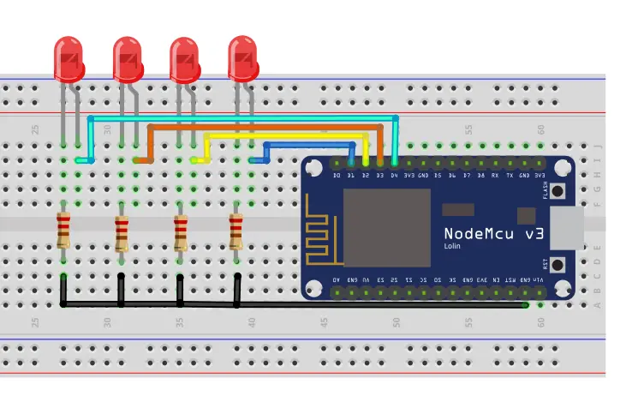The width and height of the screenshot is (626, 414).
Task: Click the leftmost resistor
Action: coord(63,231)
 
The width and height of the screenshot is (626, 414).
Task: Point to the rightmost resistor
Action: coord(236,231)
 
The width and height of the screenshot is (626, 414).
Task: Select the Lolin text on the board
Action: coord(455,246)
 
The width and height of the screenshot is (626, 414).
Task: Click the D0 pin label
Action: coord(337,176)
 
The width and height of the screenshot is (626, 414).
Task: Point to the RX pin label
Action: coord(496,176)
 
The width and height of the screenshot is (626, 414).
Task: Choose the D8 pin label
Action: coord(481,176)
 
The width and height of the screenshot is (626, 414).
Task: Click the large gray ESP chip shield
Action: coord(386,228)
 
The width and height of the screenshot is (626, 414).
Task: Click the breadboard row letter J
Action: coord(599,147)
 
